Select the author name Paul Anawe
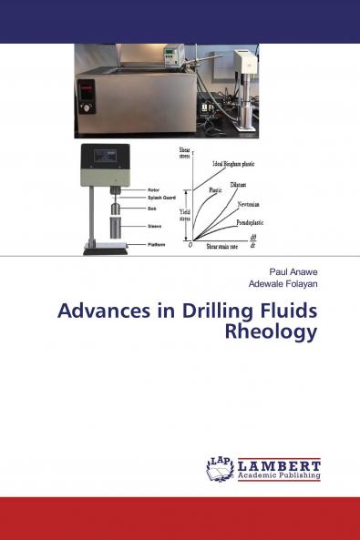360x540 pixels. pos(293,272)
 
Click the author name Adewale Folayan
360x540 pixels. pos(283,284)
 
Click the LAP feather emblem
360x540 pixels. pos(220,468)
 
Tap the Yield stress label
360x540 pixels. pos(184,215)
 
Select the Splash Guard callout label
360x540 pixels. pos(162,198)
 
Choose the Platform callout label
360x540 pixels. pos(159,244)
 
